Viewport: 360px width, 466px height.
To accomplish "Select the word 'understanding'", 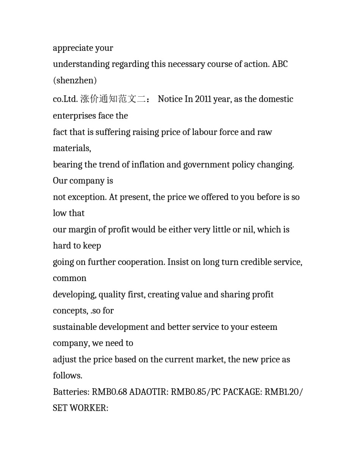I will [x=76, y=64].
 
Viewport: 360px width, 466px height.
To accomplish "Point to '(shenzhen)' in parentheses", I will [x=75, y=80].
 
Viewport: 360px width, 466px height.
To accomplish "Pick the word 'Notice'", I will [x=170, y=99].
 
